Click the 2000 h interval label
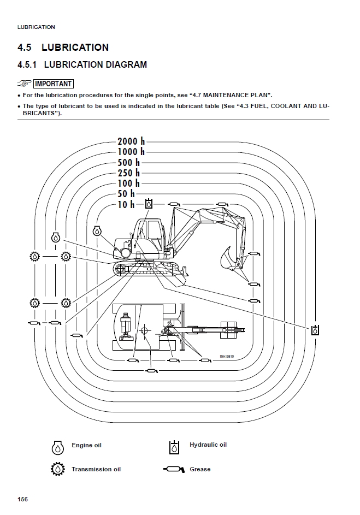pyautogui.click(x=131, y=141)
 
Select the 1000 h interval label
pyautogui.click(x=131, y=152)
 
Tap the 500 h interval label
pyautogui.click(x=129, y=162)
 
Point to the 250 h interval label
pyautogui.click(x=129, y=173)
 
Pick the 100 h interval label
pyautogui.click(x=129, y=183)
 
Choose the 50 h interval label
pyautogui.click(x=126, y=193)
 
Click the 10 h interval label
pyautogui.click(x=126, y=204)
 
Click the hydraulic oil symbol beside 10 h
pyautogui.click(x=149, y=204)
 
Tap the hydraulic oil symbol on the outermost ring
pyautogui.click(x=315, y=330)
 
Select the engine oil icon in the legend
pyautogui.click(x=58, y=447)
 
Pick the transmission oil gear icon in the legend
pyautogui.click(x=58, y=469)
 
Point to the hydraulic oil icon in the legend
pyautogui.click(x=174, y=447)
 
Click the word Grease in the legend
pyautogui.click(x=200, y=469)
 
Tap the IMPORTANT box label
pyautogui.click(x=53, y=84)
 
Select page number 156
pyautogui.click(x=22, y=499)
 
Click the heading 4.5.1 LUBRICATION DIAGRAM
pyautogui.click(x=82, y=64)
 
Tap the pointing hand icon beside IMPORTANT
pyautogui.click(x=23, y=84)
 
